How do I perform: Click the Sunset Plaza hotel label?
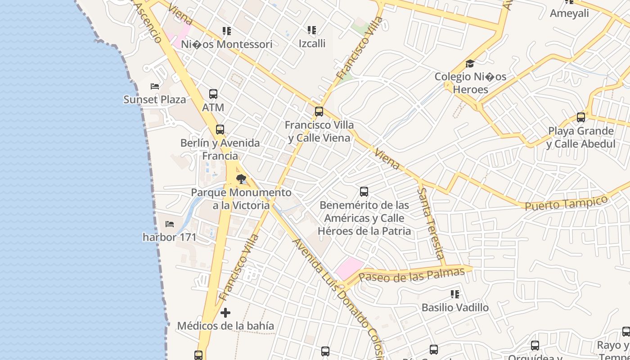[154, 99]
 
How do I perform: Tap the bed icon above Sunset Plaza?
[155, 86]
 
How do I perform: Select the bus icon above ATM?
[213, 94]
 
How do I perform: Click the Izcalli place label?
[312, 44]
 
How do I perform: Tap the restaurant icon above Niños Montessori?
[227, 31]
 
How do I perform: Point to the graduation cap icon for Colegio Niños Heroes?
[470, 63]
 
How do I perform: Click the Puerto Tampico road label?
[566, 202]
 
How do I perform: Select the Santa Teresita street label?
[431, 224]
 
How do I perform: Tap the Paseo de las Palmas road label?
[411, 275]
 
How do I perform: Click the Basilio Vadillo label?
[455, 308]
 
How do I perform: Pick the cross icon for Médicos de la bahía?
[225, 312]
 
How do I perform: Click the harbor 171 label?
[170, 237]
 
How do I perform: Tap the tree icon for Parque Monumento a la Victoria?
[241, 179]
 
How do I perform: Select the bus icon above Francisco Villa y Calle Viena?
[319, 111]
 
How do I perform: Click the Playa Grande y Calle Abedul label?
[580, 137]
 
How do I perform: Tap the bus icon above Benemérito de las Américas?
[364, 192]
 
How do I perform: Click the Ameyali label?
[569, 13]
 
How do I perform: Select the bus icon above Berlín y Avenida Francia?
[220, 130]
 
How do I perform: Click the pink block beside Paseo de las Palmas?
[349, 268]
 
